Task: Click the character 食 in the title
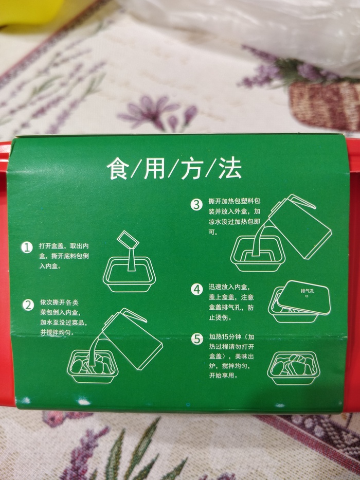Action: coord(118,168)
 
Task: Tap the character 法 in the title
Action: coord(230,168)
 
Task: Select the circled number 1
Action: coord(27,247)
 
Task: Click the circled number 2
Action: coord(28,305)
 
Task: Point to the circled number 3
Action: coord(196,205)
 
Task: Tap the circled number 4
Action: coord(197,289)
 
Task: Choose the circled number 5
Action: coord(197,339)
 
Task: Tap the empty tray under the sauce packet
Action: coord(129,274)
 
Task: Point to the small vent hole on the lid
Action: coord(307,296)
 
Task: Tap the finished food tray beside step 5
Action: coord(293,368)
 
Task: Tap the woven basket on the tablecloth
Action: coord(325,104)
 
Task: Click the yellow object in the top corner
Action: coord(31,12)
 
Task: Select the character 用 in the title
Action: coord(155,168)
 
